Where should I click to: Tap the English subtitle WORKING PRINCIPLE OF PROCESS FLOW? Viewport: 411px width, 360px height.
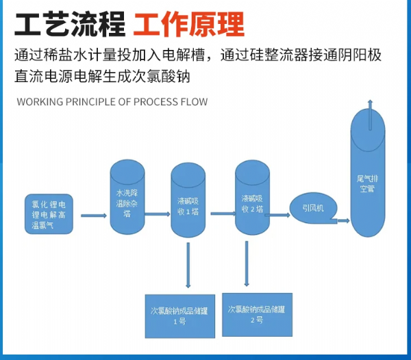click(112, 102)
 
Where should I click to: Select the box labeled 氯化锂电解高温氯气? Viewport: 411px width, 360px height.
click(49, 214)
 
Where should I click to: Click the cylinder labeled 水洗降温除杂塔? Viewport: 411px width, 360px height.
click(127, 198)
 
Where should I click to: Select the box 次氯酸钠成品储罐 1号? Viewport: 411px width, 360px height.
click(180, 316)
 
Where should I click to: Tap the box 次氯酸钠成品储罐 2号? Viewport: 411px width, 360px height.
click(257, 314)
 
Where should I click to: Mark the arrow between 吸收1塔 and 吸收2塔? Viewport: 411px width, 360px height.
click(220, 214)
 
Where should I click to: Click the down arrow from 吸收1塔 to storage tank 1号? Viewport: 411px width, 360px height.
click(188, 263)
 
